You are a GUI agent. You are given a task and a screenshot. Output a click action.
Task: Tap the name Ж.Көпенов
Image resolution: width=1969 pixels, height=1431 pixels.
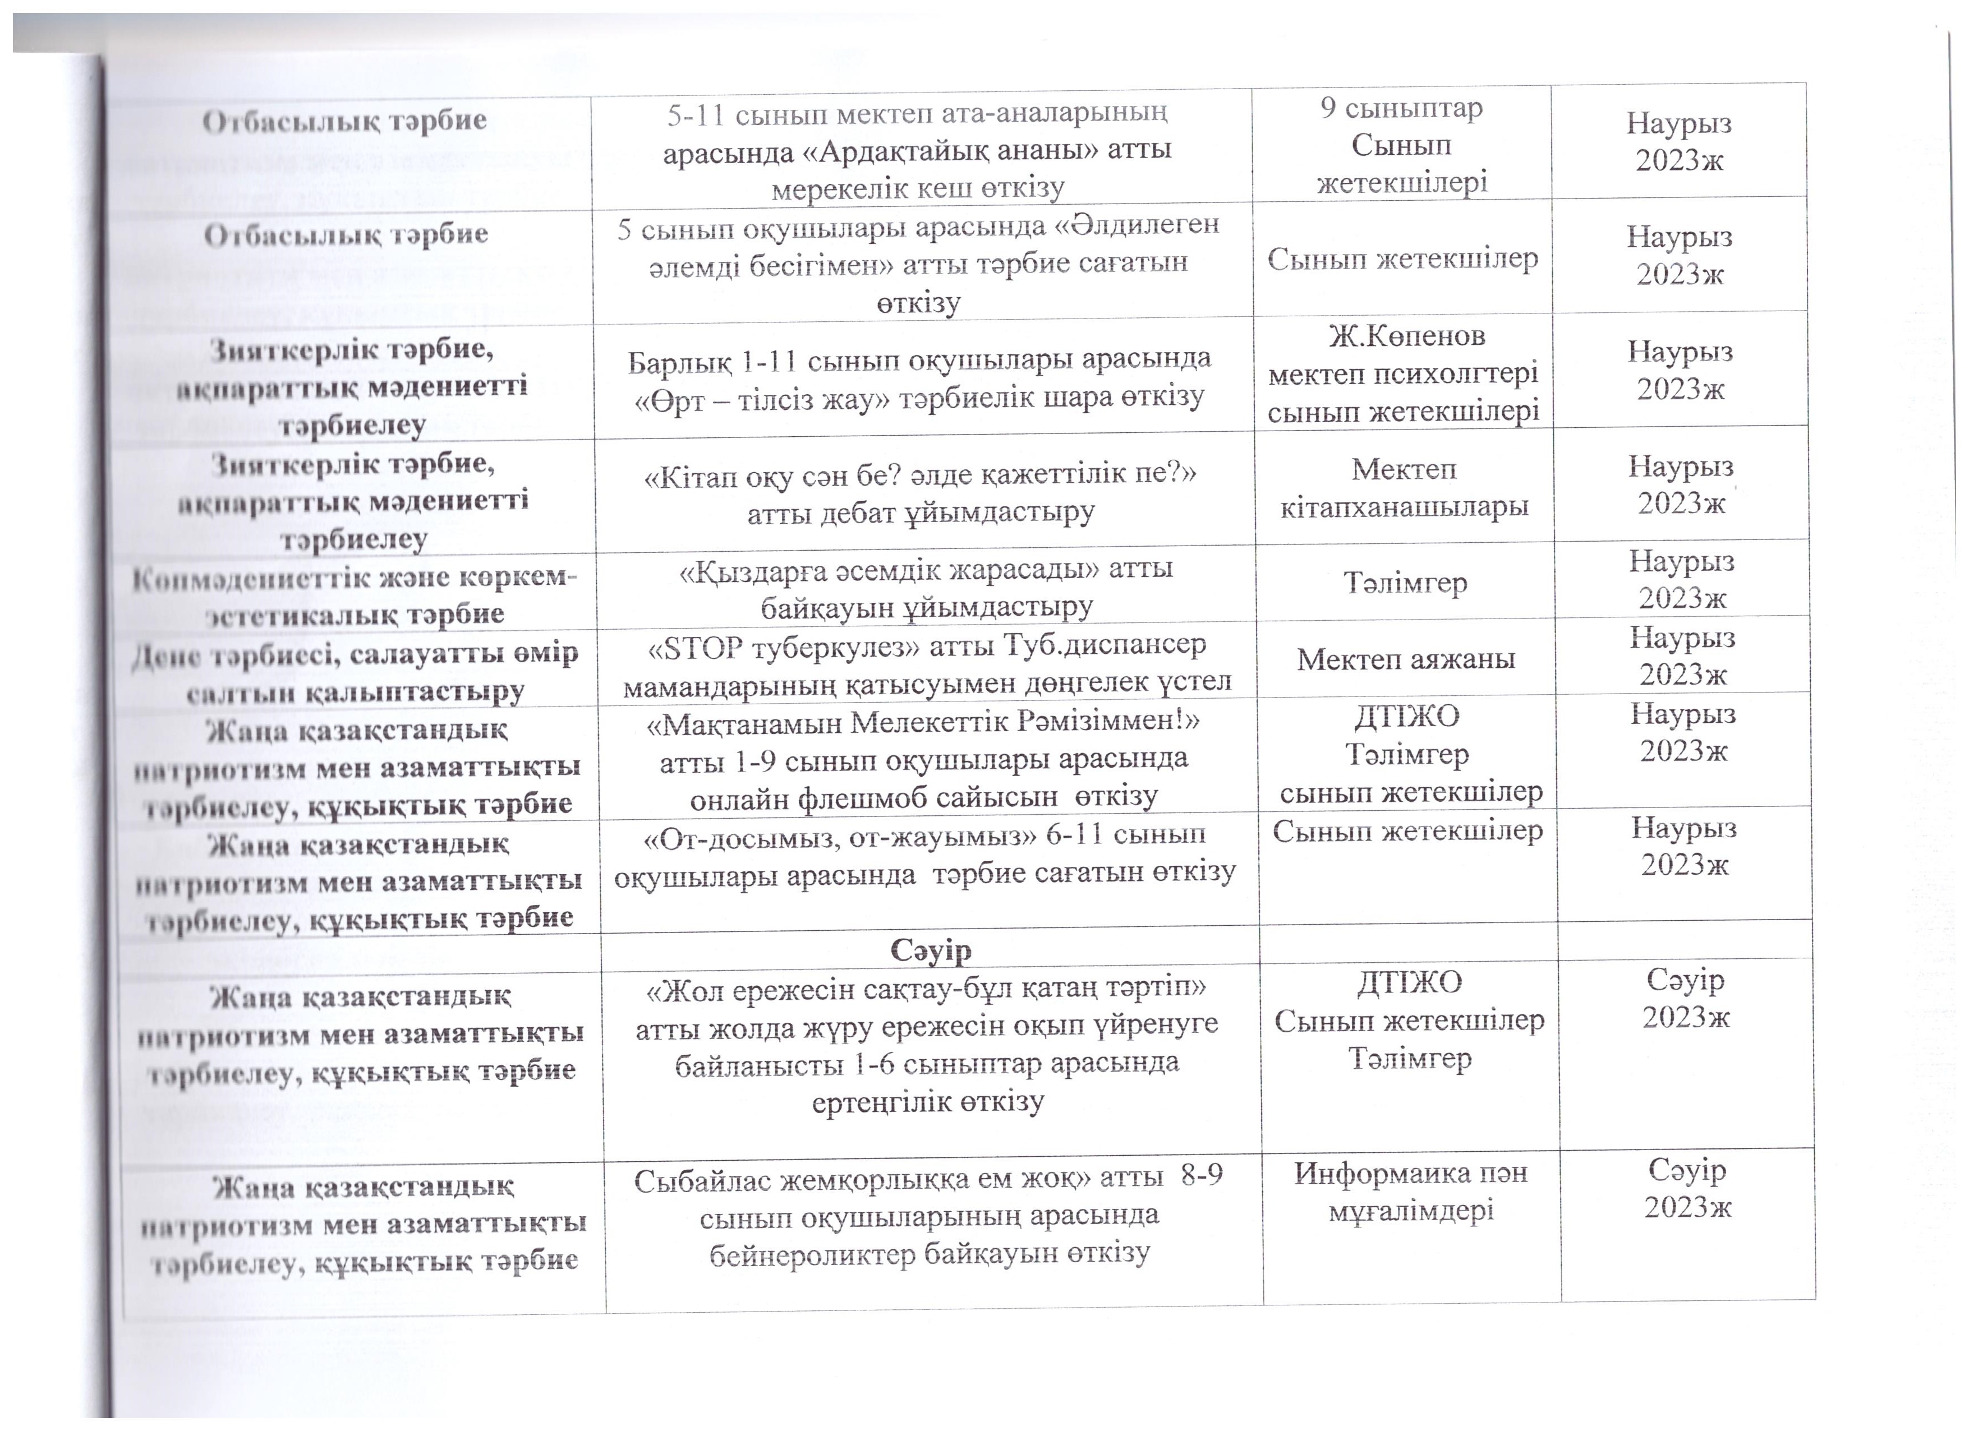click(x=1406, y=336)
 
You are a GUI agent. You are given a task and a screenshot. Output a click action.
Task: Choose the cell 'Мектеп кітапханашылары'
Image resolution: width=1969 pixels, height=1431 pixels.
click(x=1404, y=488)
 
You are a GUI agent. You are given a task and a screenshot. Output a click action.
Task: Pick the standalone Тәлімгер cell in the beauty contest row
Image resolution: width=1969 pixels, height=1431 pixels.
click(x=1406, y=582)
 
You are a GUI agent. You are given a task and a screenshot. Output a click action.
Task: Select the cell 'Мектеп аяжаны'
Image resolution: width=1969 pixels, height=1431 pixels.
click(x=1406, y=659)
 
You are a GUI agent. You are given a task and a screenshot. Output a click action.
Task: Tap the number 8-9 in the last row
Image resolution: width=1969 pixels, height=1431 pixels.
click(x=1200, y=1175)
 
